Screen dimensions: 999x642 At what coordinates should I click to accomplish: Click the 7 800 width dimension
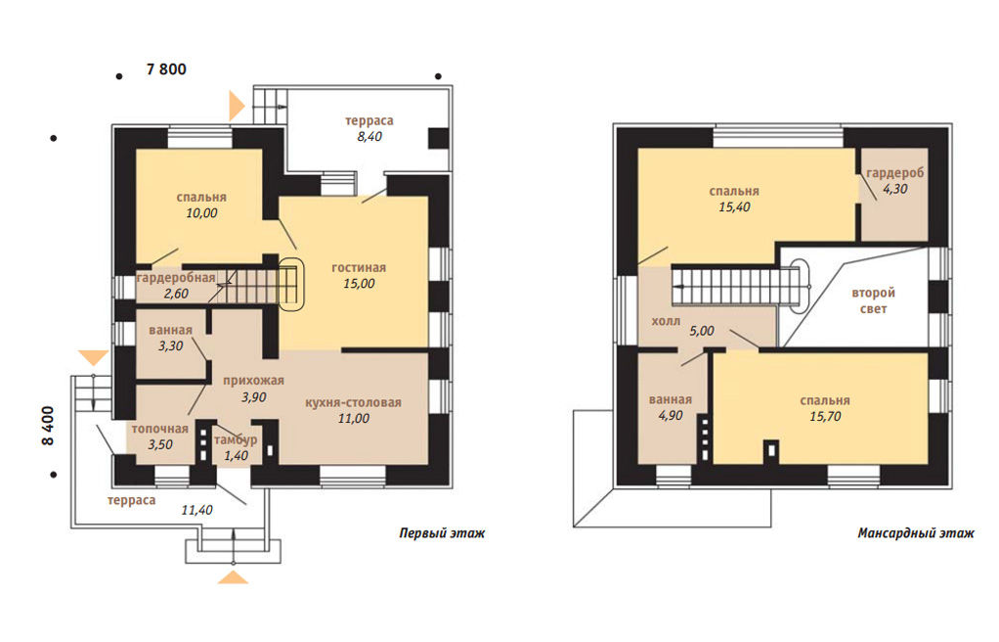tap(166, 69)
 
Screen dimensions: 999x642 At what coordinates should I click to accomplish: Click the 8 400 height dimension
tap(49, 426)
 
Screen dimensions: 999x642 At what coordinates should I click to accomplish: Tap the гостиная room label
tap(359, 267)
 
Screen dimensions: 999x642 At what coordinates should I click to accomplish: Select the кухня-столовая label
tap(353, 402)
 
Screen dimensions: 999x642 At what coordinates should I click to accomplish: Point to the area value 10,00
tap(201, 213)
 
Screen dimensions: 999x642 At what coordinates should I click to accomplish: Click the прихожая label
tap(253, 381)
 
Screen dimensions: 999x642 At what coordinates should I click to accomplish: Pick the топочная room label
tap(160, 429)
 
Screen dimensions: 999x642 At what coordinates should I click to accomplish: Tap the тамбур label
tap(236, 440)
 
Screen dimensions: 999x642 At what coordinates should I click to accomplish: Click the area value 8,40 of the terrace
tap(369, 137)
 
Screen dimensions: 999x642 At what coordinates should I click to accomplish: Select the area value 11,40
tap(196, 510)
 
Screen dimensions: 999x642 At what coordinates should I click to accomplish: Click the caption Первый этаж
tap(442, 532)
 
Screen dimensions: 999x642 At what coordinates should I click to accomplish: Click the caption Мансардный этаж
tap(916, 532)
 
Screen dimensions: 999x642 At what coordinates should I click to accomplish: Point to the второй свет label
tap(874, 300)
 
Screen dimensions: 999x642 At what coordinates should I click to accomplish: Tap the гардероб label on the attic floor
tap(895, 173)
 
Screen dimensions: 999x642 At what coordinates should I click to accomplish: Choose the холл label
tap(666, 321)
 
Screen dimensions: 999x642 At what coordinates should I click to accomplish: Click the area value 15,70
tap(825, 416)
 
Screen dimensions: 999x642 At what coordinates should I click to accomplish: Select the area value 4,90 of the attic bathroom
tap(671, 416)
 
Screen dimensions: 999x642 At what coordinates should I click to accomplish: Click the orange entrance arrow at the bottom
tap(233, 577)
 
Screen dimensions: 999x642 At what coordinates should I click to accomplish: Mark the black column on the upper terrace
tap(438, 139)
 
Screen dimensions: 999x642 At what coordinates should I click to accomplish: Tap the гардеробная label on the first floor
tap(176, 278)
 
